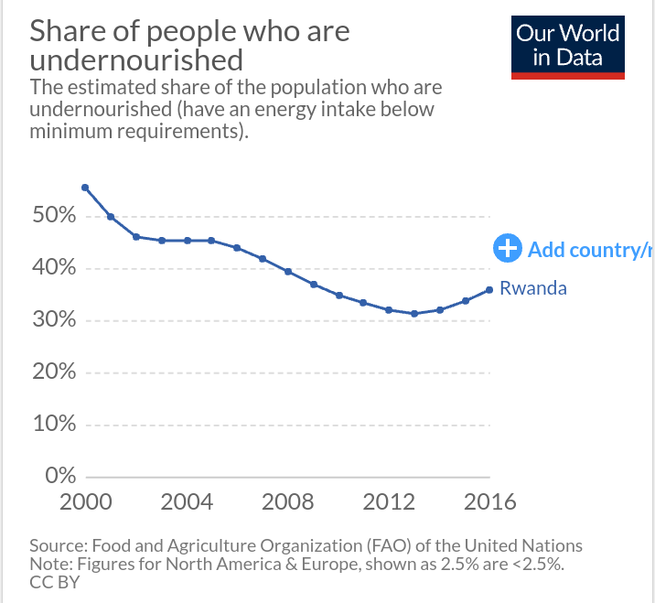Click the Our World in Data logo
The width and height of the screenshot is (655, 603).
568,47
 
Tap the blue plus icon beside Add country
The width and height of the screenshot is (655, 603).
506,248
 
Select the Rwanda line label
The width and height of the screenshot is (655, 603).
533,288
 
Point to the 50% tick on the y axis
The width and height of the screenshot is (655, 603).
54,216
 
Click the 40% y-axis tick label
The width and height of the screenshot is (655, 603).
54,268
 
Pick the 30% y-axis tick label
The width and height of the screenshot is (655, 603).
54,320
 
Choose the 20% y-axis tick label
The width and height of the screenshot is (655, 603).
54,371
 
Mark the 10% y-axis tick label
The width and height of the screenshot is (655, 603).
54,424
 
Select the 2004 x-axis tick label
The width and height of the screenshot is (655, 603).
187,501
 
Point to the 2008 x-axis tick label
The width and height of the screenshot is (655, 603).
288,501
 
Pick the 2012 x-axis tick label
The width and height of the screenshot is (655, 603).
390,501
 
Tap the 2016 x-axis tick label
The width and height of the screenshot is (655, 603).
489,501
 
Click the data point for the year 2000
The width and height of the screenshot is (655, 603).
85,188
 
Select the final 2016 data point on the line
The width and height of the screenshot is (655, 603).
489,290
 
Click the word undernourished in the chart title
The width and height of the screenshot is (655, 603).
136,61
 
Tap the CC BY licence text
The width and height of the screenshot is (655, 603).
55,581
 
